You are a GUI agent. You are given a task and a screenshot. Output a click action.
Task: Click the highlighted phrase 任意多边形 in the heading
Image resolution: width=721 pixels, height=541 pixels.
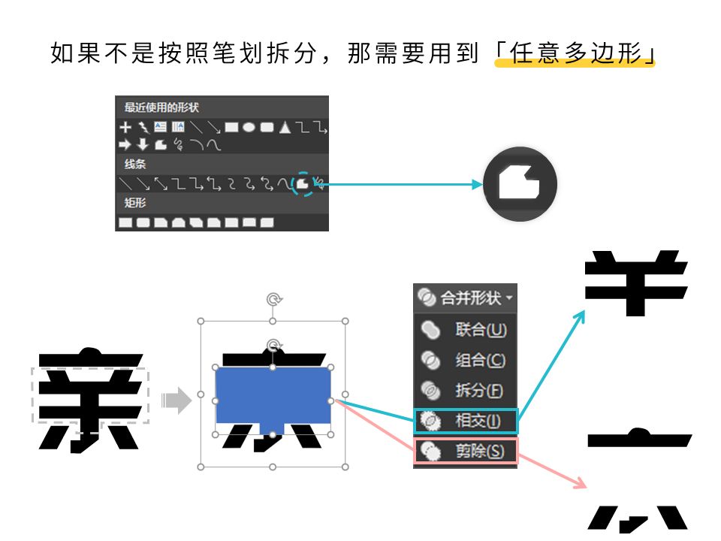point(575,54)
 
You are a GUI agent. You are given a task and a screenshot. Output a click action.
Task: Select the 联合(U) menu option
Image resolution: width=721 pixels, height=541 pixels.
point(466,330)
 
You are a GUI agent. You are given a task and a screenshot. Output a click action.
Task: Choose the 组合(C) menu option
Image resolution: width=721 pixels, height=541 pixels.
point(466,361)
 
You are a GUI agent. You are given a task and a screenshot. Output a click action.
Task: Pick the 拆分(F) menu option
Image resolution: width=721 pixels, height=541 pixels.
point(466,391)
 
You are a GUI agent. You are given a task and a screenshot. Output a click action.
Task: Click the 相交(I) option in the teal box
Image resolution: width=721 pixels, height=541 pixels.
point(466,421)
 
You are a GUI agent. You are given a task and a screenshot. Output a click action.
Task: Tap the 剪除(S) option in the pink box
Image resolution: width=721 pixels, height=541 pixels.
point(466,452)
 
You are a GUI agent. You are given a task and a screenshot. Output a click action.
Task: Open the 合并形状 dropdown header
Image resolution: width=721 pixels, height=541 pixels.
point(466,298)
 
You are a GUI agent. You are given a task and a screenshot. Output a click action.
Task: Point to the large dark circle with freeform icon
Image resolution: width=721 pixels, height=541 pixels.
point(520,184)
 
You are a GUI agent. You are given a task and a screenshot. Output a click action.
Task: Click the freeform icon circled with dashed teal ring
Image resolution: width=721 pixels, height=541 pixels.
point(303,183)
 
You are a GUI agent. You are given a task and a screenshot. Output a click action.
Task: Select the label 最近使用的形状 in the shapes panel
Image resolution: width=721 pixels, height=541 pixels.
point(161,107)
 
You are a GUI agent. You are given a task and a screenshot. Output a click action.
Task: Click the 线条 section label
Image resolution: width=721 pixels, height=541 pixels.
point(136,164)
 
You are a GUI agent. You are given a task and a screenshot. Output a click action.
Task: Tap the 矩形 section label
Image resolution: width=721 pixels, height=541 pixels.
point(136,203)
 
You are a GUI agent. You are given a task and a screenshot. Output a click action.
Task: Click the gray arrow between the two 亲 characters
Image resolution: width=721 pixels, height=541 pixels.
point(176,400)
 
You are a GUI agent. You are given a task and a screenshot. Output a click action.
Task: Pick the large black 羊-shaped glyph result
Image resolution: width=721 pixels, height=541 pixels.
point(636,283)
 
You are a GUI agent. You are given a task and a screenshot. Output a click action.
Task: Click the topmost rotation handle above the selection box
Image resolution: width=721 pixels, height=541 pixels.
point(273,300)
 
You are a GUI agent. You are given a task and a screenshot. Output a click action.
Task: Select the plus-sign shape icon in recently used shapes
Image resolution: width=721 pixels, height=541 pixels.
point(125,127)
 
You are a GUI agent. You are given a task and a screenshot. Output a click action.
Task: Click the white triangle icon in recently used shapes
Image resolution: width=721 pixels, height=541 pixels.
point(285,128)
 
